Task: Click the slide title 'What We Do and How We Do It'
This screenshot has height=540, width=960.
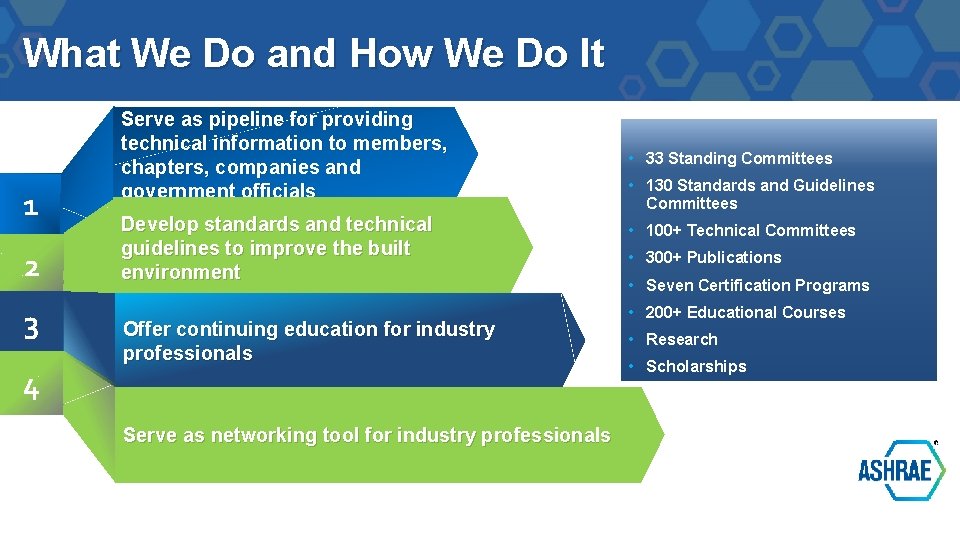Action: [x=313, y=53]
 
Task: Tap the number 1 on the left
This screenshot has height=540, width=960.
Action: [x=31, y=208]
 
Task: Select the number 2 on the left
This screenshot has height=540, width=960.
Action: [x=31, y=268]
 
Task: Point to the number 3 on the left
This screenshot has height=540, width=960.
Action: [x=31, y=327]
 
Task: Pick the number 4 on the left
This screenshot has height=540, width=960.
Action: [x=31, y=389]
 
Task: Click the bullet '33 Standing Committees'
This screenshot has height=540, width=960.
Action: [x=738, y=158]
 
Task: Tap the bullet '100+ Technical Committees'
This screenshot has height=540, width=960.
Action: [x=750, y=230]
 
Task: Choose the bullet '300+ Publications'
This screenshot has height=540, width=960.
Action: [x=713, y=257]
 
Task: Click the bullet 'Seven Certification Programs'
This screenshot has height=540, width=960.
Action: [x=757, y=285]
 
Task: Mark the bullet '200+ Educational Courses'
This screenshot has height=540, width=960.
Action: [x=745, y=312]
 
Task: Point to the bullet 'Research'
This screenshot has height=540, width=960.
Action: [x=681, y=339]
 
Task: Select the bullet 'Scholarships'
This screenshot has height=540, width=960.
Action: [x=696, y=366]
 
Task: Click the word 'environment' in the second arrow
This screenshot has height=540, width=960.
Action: [x=180, y=272]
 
